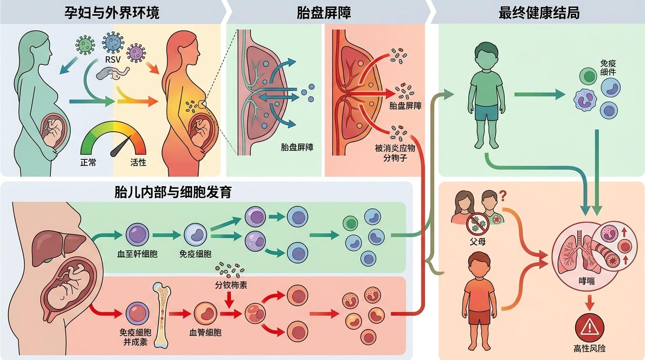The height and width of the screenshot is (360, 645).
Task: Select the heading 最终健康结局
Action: [540, 13]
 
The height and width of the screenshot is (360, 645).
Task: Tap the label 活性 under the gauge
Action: [138, 163]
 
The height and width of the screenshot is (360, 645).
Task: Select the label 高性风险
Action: [590, 349]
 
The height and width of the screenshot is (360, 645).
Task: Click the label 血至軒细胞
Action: [137, 255]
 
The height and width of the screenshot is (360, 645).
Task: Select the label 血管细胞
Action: [205, 332]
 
